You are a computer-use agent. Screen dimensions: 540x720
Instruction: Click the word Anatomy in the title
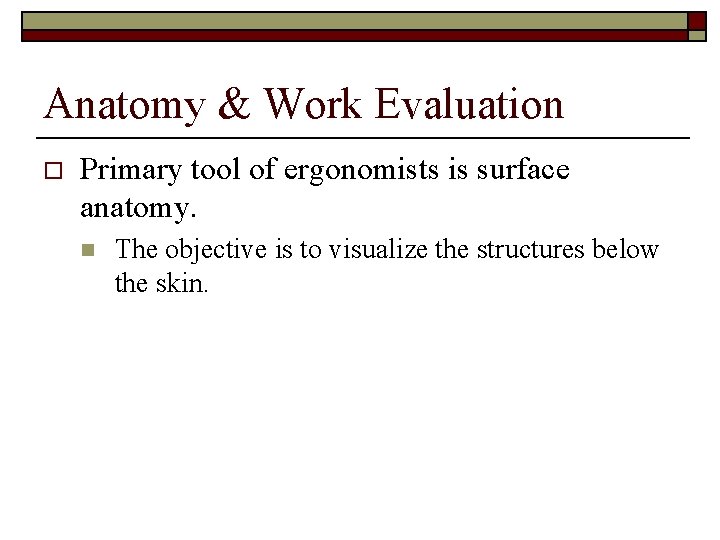tap(124, 105)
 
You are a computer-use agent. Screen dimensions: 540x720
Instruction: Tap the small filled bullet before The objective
tap(89, 250)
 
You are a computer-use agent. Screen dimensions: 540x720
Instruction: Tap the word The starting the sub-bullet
tap(136, 249)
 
